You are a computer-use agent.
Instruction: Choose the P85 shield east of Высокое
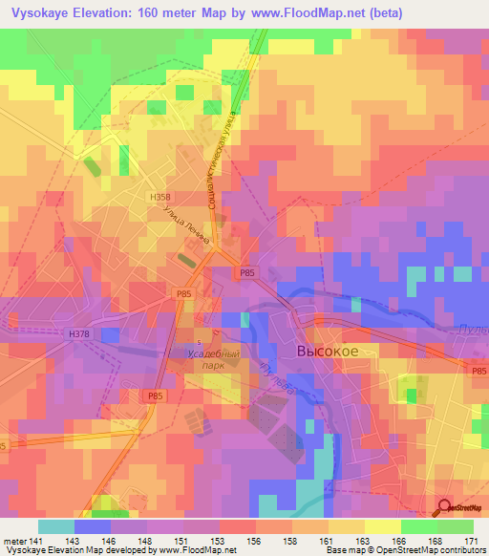point(478,370)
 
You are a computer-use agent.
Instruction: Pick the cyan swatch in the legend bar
point(55,526)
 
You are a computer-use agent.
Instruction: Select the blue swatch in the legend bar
point(92,526)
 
